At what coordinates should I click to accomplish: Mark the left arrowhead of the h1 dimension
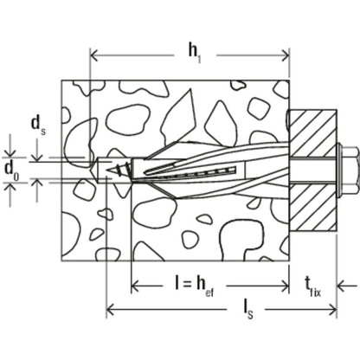click(94, 57)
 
